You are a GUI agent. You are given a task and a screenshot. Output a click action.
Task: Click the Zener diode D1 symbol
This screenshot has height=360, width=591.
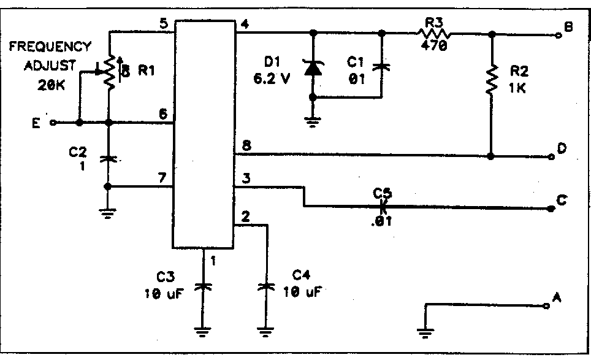(x=313, y=68)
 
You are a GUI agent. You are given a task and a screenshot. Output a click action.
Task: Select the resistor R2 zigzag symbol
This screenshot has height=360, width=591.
(x=491, y=80)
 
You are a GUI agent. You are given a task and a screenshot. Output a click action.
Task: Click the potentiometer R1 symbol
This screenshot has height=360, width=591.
(x=110, y=72)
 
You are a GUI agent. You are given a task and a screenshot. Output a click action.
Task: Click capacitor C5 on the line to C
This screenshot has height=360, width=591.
(x=383, y=207)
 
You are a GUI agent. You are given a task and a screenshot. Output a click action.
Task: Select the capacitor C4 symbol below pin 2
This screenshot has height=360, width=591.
(x=265, y=286)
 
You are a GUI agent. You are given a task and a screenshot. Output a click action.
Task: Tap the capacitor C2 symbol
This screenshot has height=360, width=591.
(x=109, y=159)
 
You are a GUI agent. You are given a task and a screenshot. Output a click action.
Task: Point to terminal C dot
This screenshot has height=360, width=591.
(x=551, y=209)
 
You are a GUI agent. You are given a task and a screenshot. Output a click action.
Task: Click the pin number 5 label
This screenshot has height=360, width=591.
(x=163, y=24)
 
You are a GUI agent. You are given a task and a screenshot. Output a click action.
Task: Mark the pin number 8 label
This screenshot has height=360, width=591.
(x=245, y=146)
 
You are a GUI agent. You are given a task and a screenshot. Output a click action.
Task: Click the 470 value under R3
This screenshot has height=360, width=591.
(x=435, y=47)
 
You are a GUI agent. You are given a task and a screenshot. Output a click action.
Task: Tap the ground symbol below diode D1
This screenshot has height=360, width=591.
(x=313, y=121)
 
